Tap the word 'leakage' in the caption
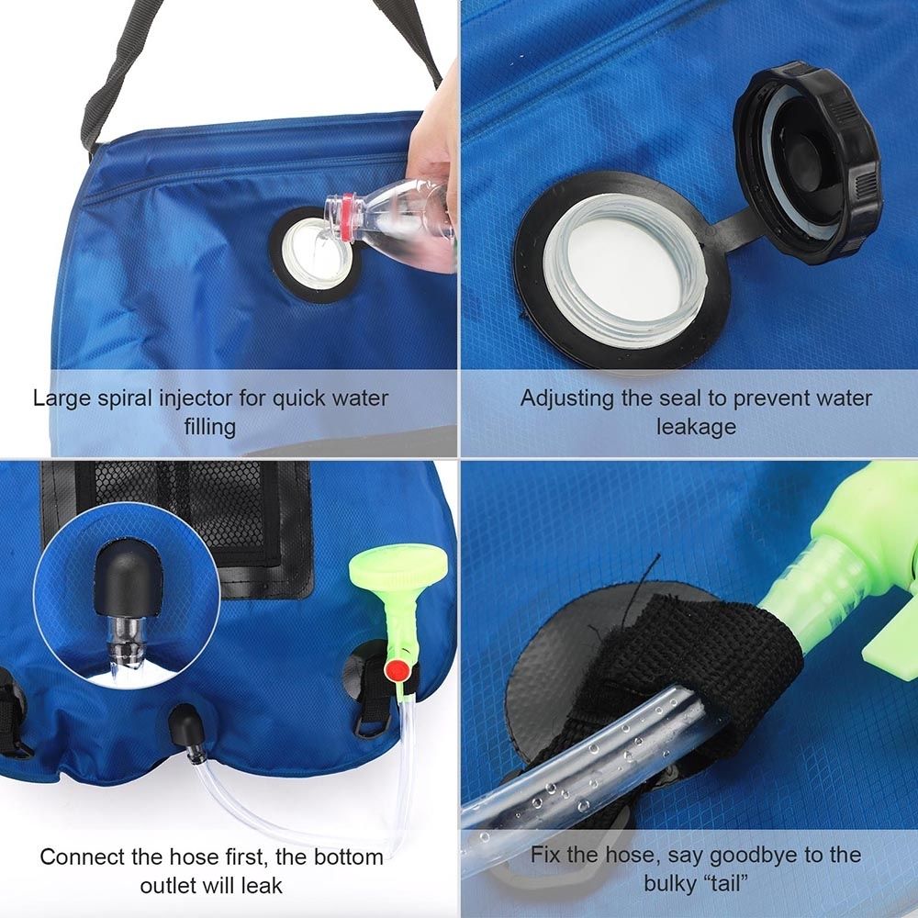coord(696,427)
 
